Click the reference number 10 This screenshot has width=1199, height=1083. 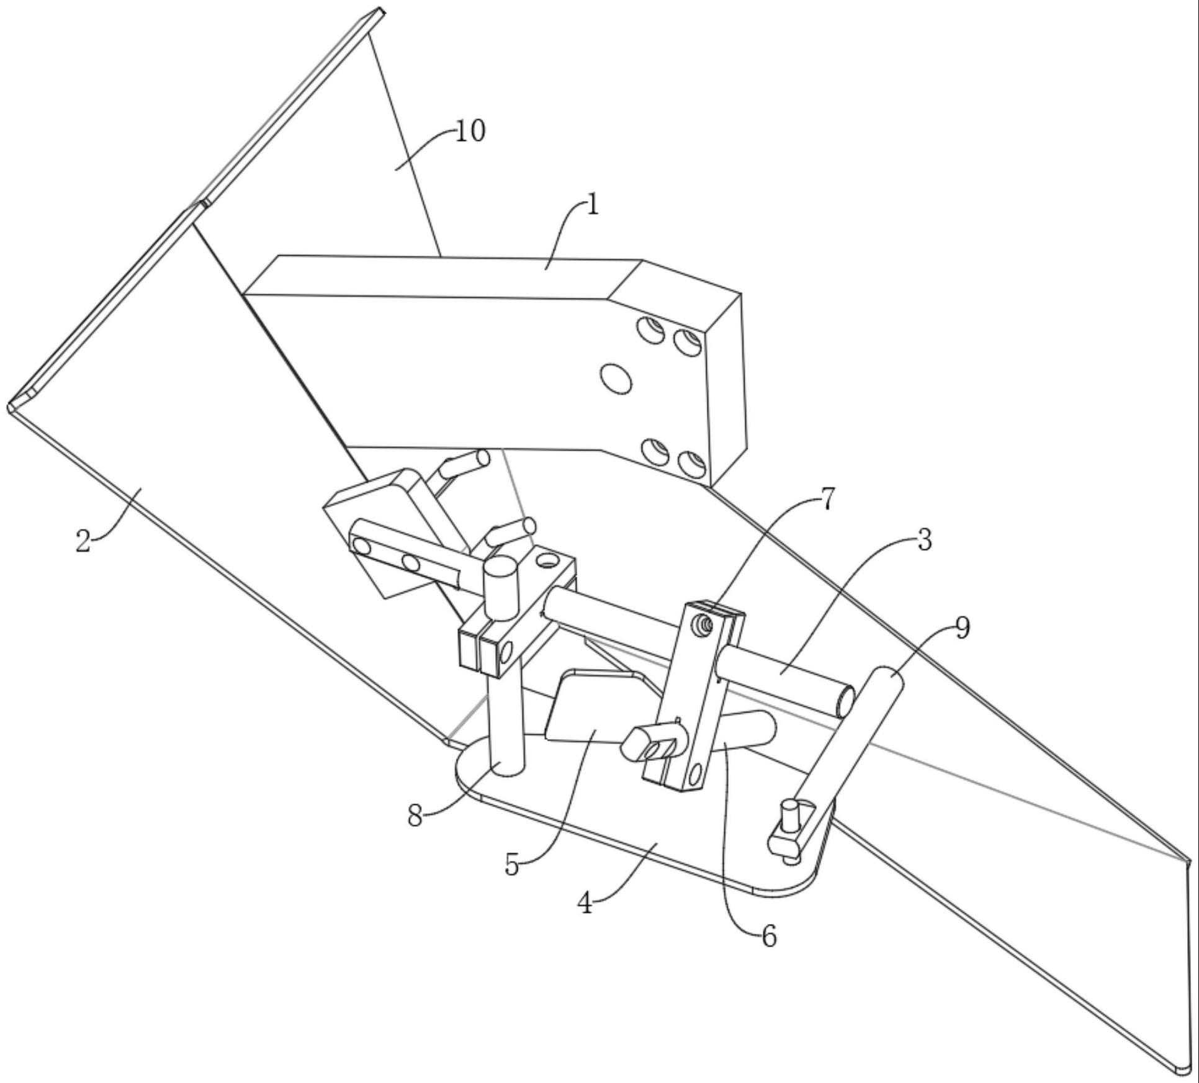pos(470,132)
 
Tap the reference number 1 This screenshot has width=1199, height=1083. pos(593,204)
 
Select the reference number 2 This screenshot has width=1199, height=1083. pos(83,541)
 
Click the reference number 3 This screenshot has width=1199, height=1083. pos(924,540)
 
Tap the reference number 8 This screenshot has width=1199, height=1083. pos(415,816)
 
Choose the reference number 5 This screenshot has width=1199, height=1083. pos(511,865)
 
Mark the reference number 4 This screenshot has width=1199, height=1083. pos(585,904)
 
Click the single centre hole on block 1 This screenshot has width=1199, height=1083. pos(616,378)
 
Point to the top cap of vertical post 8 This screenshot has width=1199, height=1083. pos(501,567)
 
